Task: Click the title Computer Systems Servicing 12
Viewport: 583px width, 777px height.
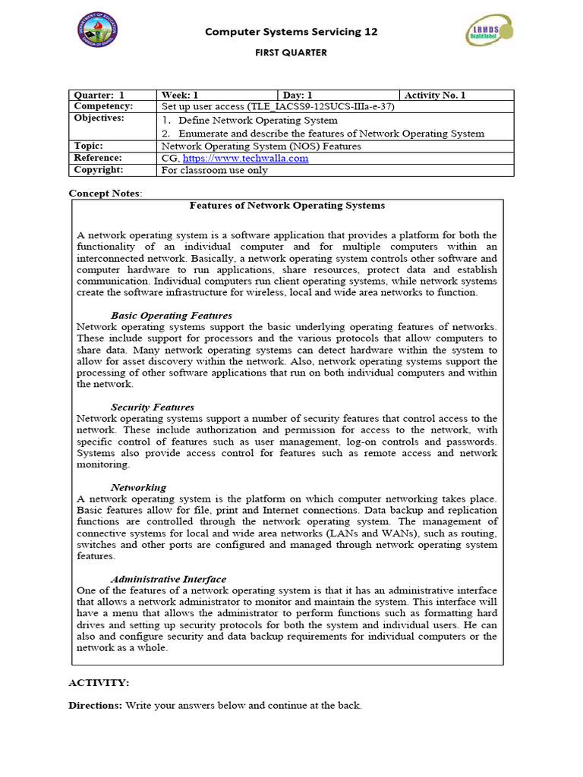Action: pos(291,32)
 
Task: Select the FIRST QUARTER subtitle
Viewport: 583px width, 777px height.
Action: pos(291,53)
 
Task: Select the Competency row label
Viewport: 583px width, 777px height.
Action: pos(103,107)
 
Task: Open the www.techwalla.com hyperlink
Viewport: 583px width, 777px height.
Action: pos(245,158)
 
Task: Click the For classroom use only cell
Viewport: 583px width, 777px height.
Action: pos(214,170)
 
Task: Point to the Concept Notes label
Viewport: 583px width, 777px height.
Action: pos(105,193)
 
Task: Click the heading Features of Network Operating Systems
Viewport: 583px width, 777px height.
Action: pos(286,206)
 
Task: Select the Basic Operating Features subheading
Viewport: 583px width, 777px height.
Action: pos(172,315)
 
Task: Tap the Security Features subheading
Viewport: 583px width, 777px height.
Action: pos(153,407)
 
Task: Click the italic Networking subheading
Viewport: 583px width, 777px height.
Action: pos(138,487)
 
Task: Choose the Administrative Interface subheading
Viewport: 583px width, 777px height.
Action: pos(169,579)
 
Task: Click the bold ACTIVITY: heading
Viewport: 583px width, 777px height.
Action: pos(99,683)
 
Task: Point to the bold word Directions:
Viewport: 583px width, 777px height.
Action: pos(95,705)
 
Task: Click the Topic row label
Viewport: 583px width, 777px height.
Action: pos(89,146)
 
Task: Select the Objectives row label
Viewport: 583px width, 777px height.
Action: pos(99,119)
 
